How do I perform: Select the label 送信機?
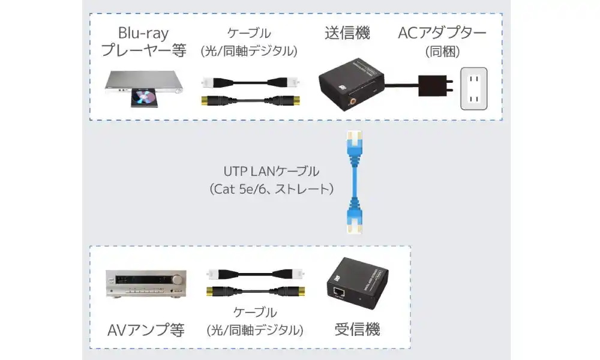coord(347,33)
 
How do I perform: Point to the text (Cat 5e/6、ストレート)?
coord(271,190)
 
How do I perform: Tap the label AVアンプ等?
coord(146,329)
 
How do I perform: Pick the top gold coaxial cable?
coord(249,100)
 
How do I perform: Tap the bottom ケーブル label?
coord(254,313)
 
